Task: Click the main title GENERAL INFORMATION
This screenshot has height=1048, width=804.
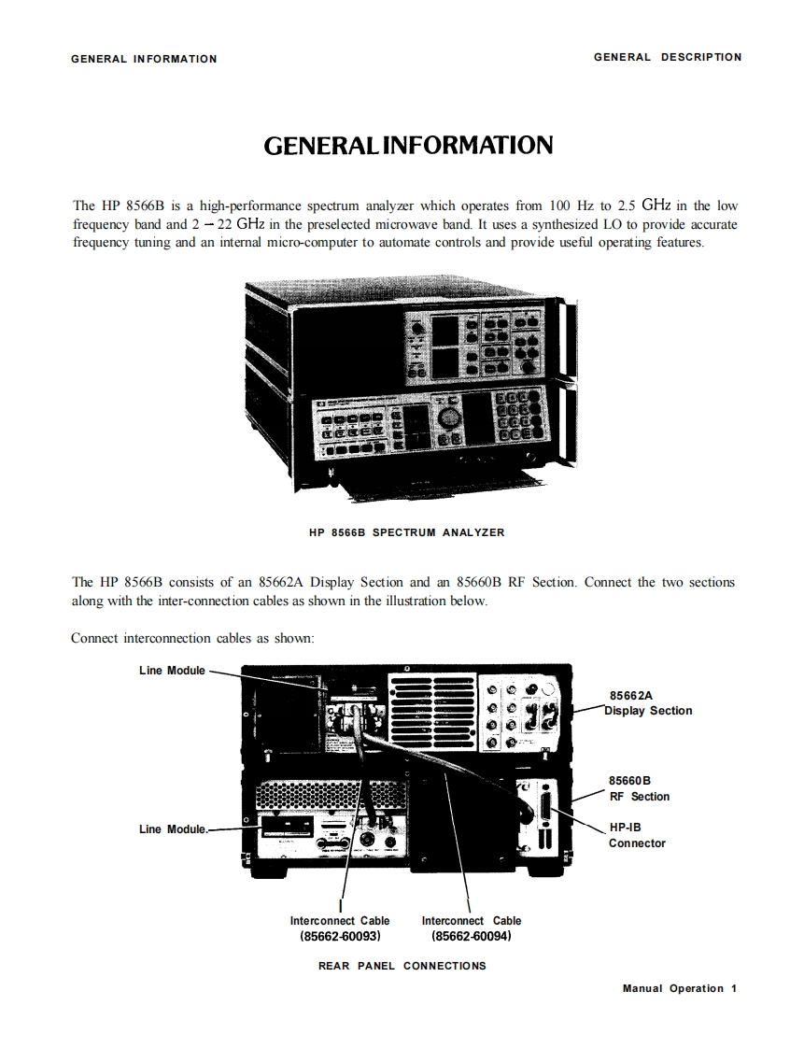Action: pyautogui.click(x=408, y=147)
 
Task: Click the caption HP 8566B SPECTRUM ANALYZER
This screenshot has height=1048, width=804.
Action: pyautogui.click(x=406, y=532)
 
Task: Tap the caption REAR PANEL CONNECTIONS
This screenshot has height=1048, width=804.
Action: pyautogui.click(x=402, y=966)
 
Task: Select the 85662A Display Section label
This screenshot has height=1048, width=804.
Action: pyautogui.click(x=650, y=703)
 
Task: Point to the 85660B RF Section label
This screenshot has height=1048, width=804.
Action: pyautogui.click(x=639, y=788)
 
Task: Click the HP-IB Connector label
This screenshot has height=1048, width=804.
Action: pyautogui.click(x=637, y=835)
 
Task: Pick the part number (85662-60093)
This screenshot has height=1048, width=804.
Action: pyautogui.click(x=340, y=935)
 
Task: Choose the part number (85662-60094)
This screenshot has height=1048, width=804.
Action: pyautogui.click(x=472, y=935)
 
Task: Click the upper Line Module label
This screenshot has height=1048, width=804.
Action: pyautogui.click(x=172, y=671)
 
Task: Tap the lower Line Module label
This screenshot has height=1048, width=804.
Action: pyautogui.click(x=172, y=829)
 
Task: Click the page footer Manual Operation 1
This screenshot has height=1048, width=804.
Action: pyautogui.click(x=680, y=988)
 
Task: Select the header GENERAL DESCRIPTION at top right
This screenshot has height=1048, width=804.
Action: pyautogui.click(x=668, y=57)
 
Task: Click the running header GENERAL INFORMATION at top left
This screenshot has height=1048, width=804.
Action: pyautogui.click(x=144, y=59)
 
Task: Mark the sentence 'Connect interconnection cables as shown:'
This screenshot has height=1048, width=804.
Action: pyautogui.click(x=193, y=639)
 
